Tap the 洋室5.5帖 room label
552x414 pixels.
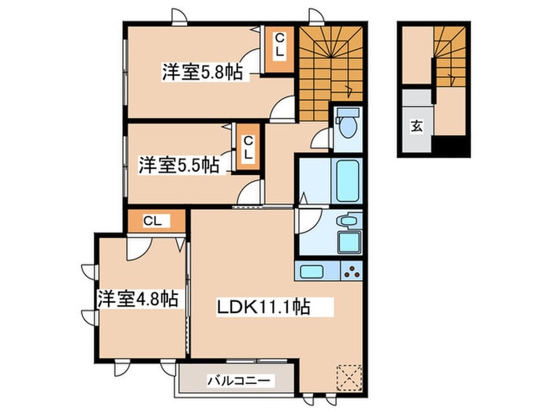click(x=179, y=166)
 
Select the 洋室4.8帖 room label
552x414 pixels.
click(x=136, y=300)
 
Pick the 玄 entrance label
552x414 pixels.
click(x=415, y=125)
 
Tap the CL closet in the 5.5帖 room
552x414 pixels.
click(x=248, y=148)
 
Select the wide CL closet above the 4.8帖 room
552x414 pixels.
click(x=155, y=222)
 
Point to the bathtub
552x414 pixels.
click(x=346, y=181)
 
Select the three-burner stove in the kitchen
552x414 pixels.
click(x=350, y=273)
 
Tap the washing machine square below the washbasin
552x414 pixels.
click(x=348, y=242)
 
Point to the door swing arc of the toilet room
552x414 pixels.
click(x=321, y=140)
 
